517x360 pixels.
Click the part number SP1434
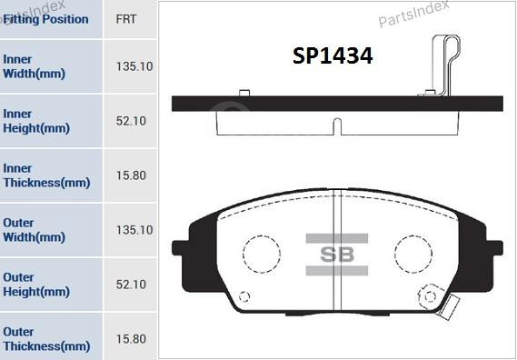[333, 56]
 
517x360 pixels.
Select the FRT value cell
[127, 19]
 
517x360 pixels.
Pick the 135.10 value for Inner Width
[134, 66]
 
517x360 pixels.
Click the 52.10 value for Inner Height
[132, 121]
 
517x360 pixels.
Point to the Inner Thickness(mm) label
[45, 175]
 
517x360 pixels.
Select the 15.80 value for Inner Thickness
[132, 175]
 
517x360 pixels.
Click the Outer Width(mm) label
[34, 230]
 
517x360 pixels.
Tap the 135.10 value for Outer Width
[134, 230]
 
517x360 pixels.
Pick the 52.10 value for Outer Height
[132, 285]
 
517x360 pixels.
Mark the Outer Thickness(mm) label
[45, 339]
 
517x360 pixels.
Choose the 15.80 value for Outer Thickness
[132, 339]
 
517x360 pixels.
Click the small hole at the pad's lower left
[243, 296]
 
